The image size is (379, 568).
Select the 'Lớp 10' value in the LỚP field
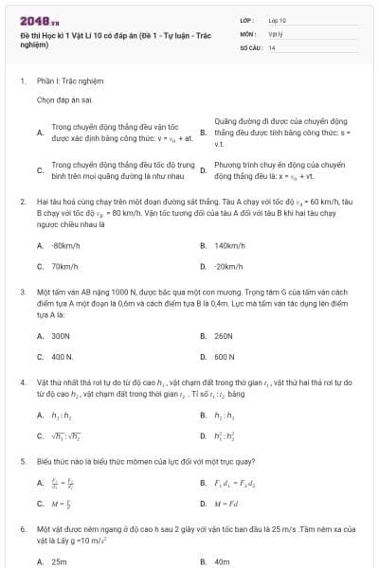(x=278, y=19)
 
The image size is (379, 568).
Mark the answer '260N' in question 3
(x=224, y=335)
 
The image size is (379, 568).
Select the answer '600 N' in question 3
(x=225, y=357)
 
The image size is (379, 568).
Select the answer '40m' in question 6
(x=223, y=560)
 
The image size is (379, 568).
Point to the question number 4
(x=22, y=382)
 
